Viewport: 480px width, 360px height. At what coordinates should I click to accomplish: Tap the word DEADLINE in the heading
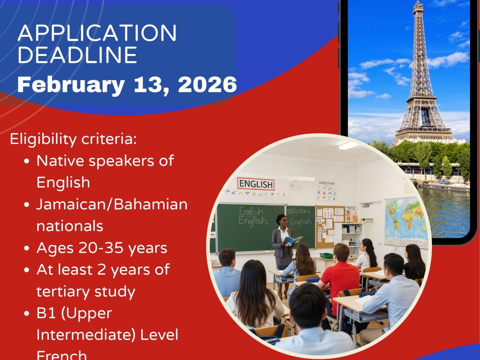[x=78, y=55]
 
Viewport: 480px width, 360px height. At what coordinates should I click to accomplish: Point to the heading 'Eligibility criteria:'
[x=73, y=139]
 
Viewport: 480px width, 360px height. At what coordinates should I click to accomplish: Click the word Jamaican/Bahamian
[x=112, y=204]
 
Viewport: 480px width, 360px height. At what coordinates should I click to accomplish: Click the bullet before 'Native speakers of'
[x=27, y=161]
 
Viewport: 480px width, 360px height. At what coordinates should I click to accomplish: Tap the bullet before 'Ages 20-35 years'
[x=27, y=248]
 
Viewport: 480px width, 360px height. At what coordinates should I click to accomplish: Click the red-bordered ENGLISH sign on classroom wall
[x=256, y=184]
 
